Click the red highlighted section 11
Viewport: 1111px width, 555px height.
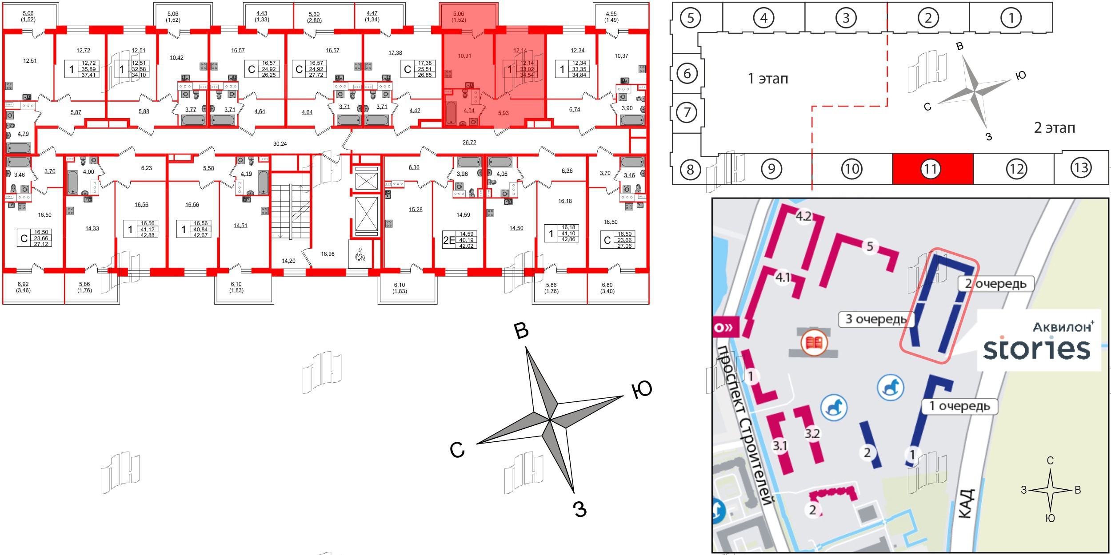(x=932, y=169)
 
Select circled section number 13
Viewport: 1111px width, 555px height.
(x=1081, y=167)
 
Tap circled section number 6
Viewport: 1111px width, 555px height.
(x=687, y=73)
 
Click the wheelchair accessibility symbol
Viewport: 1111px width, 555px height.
(x=360, y=254)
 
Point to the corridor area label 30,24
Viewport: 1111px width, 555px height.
(x=280, y=144)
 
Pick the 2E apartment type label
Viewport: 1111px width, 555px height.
(x=449, y=240)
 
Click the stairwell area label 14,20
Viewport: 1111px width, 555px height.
(x=288, y=261)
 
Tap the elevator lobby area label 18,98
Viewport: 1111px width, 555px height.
(x=328, y=254)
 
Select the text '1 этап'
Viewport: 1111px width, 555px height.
(x=768, y=79)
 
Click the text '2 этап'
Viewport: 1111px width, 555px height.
(x=1055, y=128)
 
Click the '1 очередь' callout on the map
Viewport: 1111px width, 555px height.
(x=959, y=406)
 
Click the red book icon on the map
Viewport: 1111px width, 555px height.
(x=814, y=343)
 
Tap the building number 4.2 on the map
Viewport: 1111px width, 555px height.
(x=803, y=216)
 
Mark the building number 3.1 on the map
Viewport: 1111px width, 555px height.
(x=780, y=445)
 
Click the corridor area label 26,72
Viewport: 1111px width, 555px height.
(x=469, y=143)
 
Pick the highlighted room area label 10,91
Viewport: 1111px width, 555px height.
(x=464, y=56)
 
